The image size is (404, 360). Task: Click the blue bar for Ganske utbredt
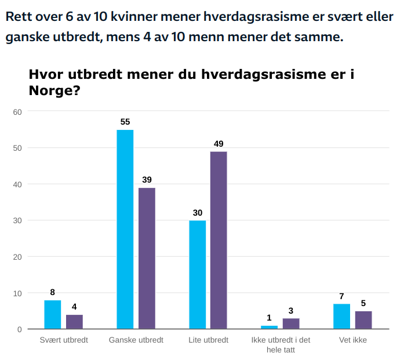click(125, 229)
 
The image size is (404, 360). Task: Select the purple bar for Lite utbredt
click(219, 240)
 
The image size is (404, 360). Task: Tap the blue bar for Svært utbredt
click(52, 314)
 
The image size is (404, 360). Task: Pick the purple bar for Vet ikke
click(363, 320)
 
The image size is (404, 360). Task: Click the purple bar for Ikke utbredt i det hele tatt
click(291, 323)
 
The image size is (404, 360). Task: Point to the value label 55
click(125, 122)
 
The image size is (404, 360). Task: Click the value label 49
click(219, 143)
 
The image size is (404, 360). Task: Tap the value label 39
click(147, 180)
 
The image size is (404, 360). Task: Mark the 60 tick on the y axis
click(17, 111)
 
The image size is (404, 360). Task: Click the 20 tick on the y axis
click(17, 257)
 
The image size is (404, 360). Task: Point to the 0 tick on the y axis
click(19, 329)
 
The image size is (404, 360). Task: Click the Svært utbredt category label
click(63, 340)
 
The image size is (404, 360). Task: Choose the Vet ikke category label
click(353, 340)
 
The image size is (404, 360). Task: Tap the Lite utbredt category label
click(208, 340)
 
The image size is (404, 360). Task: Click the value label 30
click(197, 212)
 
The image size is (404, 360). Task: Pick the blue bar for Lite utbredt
click(197, 275)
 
